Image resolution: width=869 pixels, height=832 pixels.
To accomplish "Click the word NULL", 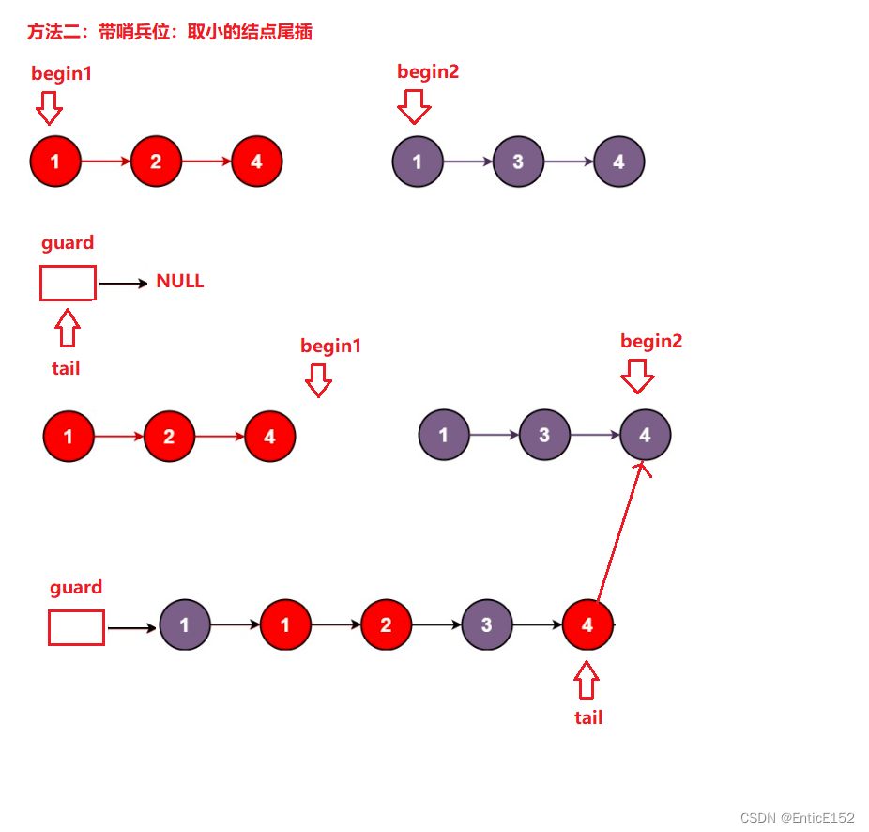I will (179, 282).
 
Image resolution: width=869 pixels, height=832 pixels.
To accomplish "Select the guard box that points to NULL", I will (68, 283).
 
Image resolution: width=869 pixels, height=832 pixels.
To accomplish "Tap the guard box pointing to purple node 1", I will (76, 628).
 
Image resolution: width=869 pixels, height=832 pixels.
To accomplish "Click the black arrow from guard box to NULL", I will (123, 283).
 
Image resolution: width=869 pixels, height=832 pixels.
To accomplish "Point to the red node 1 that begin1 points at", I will (55, 162).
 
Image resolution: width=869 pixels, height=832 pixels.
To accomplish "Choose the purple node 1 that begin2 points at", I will (418, 162).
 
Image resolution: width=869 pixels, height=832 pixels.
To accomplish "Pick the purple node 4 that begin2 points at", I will (645, 436).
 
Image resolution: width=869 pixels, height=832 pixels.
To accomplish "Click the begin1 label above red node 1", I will (62, 73).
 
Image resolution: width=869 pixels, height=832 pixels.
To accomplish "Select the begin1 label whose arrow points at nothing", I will (330, 346).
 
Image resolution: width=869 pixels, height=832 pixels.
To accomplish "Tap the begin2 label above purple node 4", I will (651, 341).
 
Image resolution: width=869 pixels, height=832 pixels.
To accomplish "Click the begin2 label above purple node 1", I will (428, 72).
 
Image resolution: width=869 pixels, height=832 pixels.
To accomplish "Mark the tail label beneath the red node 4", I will (588, 717).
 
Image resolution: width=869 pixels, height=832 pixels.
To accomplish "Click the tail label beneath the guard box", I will (66, 368).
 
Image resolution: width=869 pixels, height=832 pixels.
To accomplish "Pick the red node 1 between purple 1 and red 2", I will (285, 625).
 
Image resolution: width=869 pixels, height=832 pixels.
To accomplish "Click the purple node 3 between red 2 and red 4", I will (486, 625).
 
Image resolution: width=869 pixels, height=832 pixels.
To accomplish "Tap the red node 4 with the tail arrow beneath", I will (587, 625).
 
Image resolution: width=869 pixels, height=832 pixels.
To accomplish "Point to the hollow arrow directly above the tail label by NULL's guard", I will (67, 330).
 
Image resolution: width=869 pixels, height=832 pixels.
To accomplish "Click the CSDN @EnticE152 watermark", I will (798, 818).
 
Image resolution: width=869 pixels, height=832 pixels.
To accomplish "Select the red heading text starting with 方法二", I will (170, 32).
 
